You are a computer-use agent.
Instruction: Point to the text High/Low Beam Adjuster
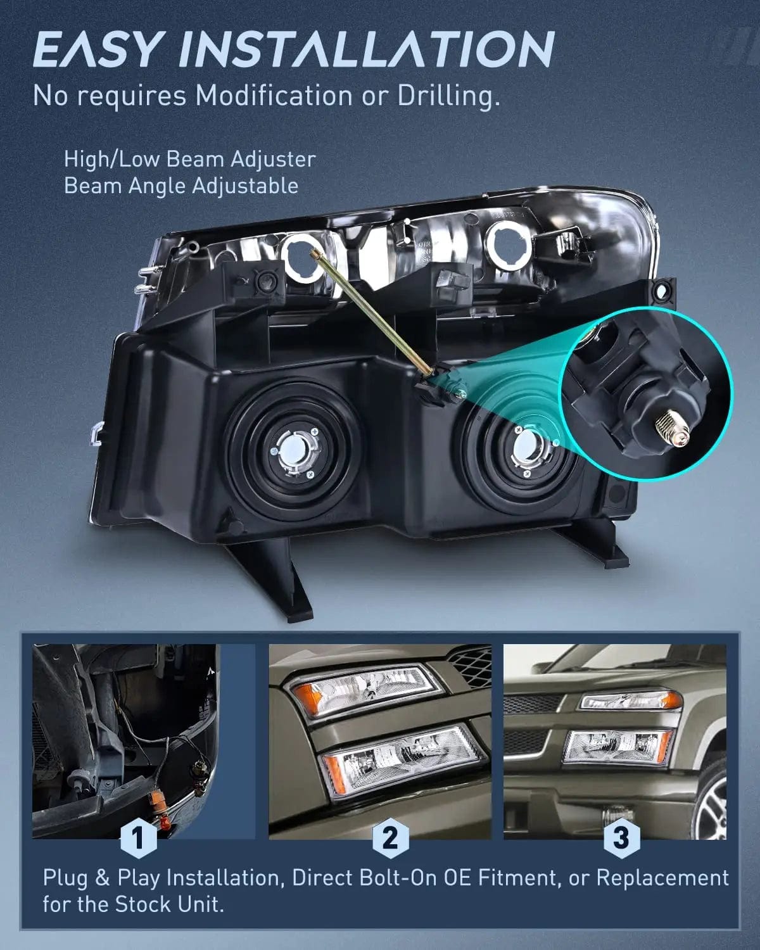pos(189,159)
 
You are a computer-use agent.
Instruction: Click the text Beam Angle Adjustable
pos(180,186)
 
